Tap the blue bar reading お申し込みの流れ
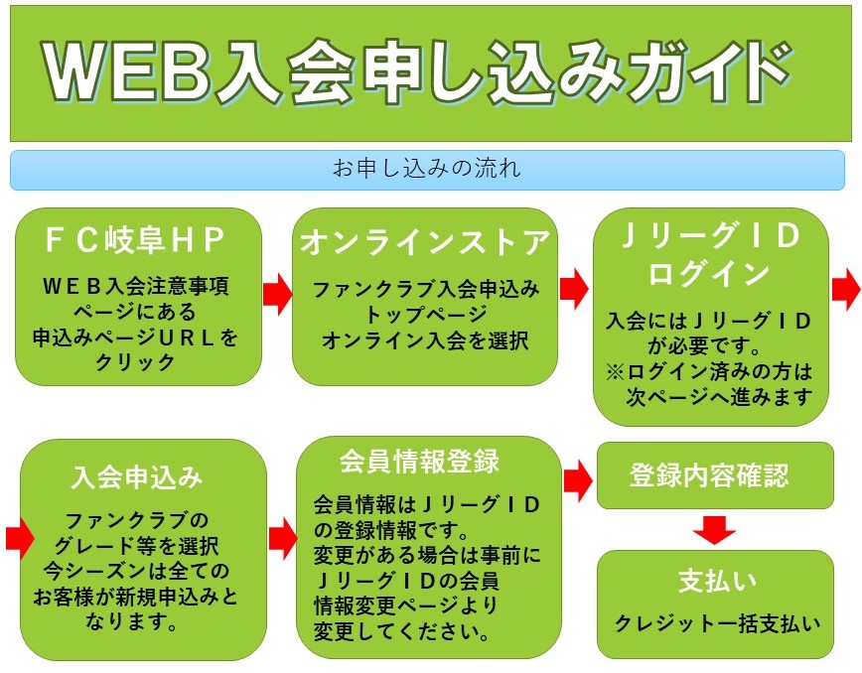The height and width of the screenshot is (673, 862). tap(427, 169)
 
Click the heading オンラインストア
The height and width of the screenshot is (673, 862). tap(424, 241)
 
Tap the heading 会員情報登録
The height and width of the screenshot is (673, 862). tap(419, 462)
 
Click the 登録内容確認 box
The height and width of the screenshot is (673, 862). tap(709, 475)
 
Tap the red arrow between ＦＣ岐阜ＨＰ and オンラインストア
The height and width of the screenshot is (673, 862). tap(277, 294)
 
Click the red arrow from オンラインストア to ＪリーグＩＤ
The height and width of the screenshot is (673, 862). tap(574, 290)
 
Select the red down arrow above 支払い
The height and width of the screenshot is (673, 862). tap(714, 530)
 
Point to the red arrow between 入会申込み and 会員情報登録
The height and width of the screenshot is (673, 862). tap(282, 539)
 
